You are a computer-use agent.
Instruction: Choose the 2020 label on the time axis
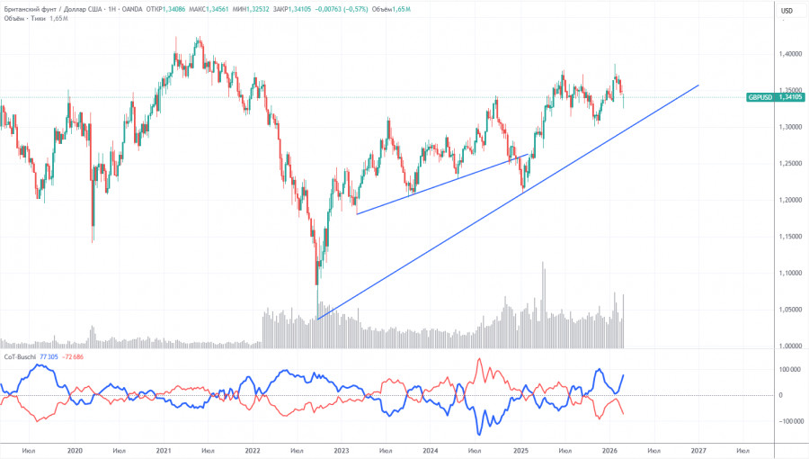tap(75, 450)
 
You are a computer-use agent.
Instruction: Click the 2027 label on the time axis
tap(698, 450)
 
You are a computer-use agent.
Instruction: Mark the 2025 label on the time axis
tap(520, 450)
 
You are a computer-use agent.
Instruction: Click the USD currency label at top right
tap(787, 11)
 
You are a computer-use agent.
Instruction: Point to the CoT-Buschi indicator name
tap(19, 357)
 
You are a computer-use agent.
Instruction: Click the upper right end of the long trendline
tap(698, 85)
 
